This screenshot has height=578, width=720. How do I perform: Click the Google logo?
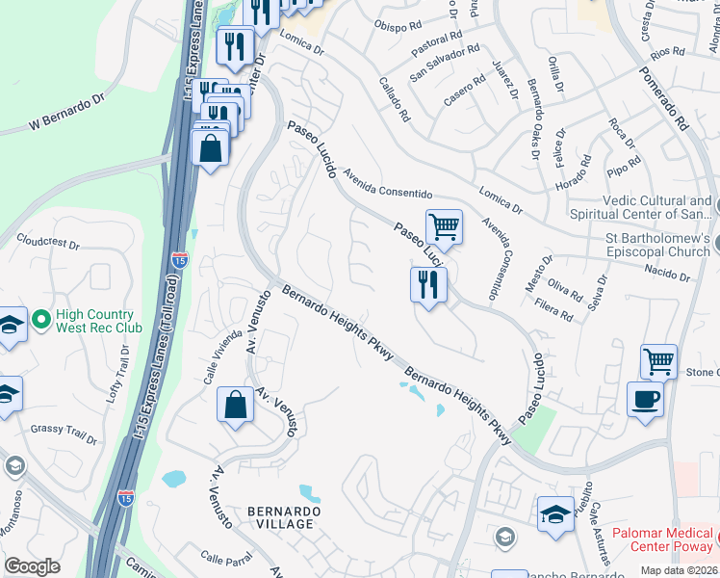click(32, 566)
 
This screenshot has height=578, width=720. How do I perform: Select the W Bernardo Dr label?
click(66, 112)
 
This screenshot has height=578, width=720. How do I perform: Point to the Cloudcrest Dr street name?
click(48, 244)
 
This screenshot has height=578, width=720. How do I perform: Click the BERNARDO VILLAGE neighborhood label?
click(281, 516)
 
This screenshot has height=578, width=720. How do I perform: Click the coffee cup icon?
click(645, 398)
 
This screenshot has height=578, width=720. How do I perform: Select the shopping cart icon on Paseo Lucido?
click(444, 227)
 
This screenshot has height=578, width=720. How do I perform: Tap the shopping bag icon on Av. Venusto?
click(235, 406)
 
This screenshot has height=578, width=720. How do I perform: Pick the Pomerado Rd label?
click(664, 99)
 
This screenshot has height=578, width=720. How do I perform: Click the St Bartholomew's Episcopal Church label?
click(657, 245)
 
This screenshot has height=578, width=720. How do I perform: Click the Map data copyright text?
click(680, 570)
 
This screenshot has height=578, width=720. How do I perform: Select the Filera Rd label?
click(554, 309)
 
